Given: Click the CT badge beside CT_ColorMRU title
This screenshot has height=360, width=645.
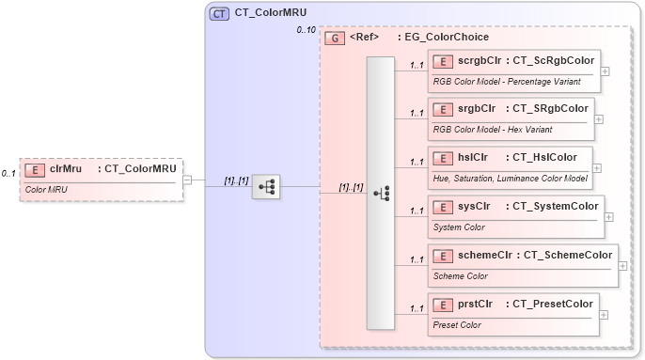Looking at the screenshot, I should pos(218,13).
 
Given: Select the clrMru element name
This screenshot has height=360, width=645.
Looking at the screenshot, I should pos(65,169).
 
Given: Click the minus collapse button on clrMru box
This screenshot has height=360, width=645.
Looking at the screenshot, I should pos(188,179).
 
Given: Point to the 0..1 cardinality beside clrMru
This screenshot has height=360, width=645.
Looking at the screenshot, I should pos(9,173).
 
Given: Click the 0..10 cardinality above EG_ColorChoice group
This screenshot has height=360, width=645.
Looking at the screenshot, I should pos(307,31).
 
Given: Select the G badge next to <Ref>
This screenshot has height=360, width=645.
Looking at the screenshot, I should pos(334,39).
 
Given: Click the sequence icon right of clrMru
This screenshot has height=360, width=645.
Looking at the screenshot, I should pos(266,186).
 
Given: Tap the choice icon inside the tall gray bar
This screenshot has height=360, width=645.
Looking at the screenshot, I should pos(381,193).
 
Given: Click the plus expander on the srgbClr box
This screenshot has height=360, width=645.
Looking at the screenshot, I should pos(599,119).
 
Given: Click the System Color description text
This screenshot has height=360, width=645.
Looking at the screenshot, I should pos(459,227).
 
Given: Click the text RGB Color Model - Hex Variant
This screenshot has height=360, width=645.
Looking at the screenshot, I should pos(492,129).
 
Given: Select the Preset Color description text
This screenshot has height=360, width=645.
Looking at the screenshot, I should pos(457,325).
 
